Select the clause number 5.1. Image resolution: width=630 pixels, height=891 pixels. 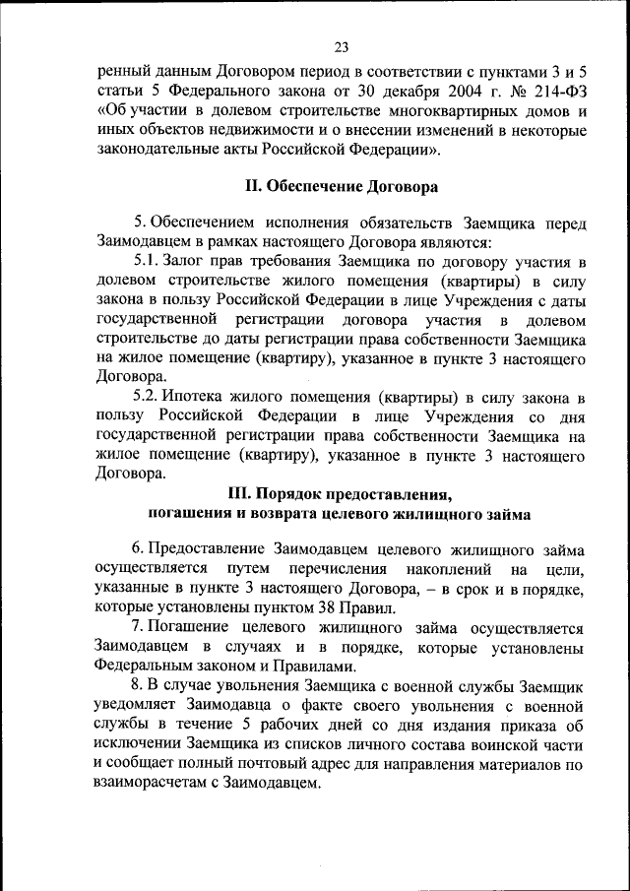(x=147, y=260)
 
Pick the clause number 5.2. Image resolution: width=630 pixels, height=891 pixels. (x=147, y=397)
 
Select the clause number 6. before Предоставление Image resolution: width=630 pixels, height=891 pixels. (x=139, y=548)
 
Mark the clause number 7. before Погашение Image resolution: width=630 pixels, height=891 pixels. (x=139, y=628)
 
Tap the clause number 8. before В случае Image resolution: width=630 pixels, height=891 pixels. (x=139, y=686)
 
